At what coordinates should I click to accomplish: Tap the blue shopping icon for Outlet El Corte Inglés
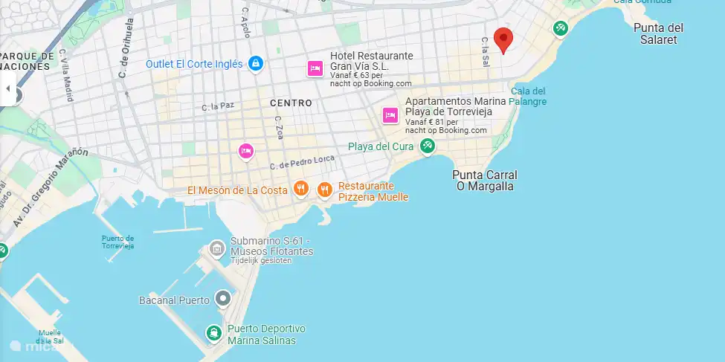[256, 64]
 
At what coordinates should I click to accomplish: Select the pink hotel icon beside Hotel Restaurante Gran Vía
[315, 69]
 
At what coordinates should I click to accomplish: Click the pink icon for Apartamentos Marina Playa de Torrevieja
[390, 115]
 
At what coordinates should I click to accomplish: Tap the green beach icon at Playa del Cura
[427, 146]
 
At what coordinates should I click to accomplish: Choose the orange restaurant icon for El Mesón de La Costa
[300, 190]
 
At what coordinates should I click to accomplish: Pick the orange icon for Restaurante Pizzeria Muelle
[324, 190]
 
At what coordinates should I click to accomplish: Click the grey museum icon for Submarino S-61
[216, 247]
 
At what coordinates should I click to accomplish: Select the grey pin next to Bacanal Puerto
[222, 300]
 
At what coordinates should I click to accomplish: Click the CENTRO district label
[291, 103]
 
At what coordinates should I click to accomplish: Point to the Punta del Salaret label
[658, 33]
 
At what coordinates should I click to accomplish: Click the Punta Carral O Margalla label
[484, 181]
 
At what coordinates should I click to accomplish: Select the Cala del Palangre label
[528, 96]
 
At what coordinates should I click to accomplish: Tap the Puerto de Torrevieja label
[117, 242]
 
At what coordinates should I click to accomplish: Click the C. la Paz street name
[218, 106]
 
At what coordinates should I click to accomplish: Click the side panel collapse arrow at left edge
[8, 88]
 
